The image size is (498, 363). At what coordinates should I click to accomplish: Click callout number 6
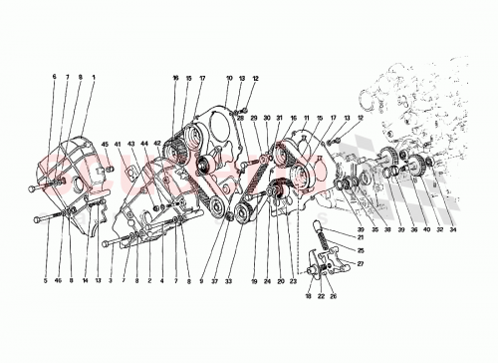55,78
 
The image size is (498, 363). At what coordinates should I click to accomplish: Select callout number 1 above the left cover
95,78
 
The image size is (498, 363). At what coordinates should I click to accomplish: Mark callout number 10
228,78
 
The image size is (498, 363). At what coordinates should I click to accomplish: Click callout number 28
240,118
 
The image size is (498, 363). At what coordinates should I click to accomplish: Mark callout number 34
455,229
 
